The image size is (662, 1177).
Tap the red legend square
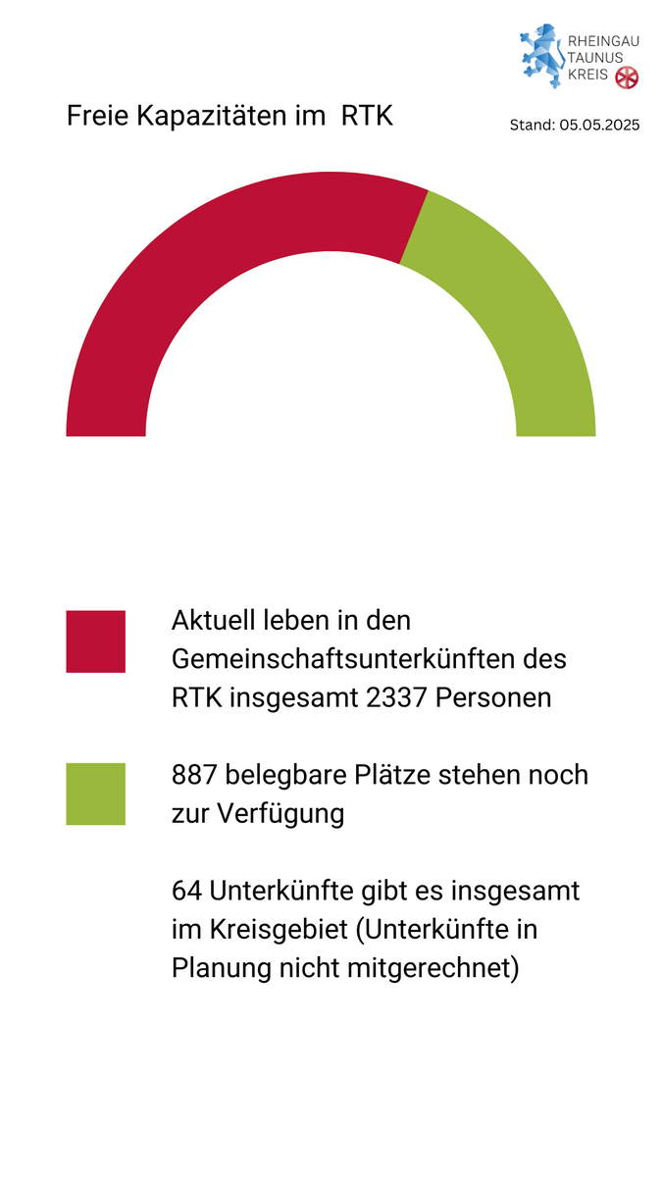[x=95, y=641]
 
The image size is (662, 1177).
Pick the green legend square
[x=95, y=793]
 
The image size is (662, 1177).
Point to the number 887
[x=194, y=774]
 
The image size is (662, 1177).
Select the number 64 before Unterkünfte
[x=185, y=892]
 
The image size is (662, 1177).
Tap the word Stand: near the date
[x=533, y=125]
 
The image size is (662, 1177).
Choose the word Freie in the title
[x=96, y=116]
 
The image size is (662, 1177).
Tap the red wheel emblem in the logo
[x=626, y=77]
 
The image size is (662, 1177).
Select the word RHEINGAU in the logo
[x=604, y=42]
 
